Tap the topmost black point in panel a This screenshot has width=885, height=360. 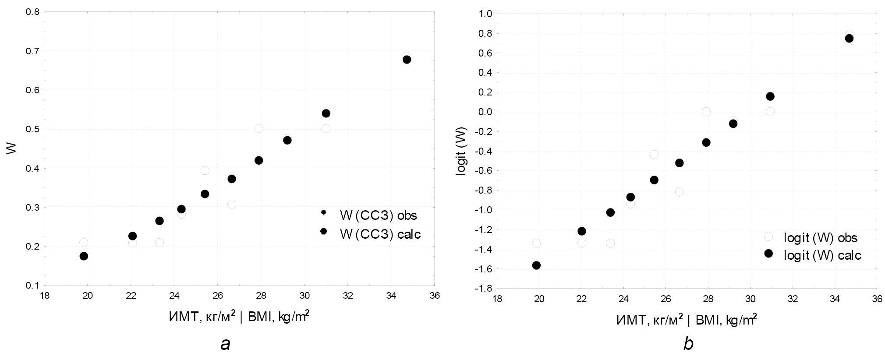407,60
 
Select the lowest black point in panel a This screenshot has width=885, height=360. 84,256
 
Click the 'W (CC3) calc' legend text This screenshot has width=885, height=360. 380,234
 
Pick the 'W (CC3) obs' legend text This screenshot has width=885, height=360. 378,215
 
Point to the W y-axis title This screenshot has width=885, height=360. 12,148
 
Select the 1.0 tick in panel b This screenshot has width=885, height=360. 486,14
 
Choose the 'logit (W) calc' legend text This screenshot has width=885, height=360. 822,256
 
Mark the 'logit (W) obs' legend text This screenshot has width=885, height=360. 820,238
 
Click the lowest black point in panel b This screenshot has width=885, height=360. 536,265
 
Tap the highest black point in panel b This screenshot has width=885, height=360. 849,38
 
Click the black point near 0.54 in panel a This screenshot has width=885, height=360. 326,113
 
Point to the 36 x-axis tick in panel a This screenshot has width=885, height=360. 434,295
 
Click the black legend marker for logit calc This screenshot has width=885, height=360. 768,254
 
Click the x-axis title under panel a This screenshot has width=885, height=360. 239,316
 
